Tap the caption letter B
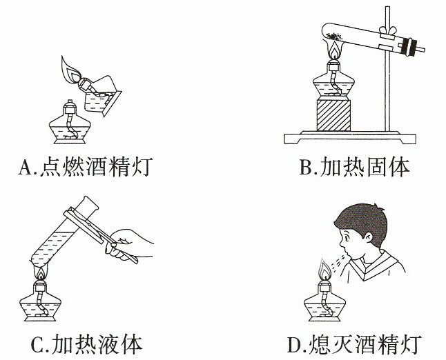(305, 167)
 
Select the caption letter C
(37, 345)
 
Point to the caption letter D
(294, 345)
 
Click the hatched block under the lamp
(333, 115)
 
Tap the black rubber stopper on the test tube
(407, 47)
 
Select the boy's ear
(368, 237)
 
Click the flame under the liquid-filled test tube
(41, 273)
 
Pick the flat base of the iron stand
(350, 137)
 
